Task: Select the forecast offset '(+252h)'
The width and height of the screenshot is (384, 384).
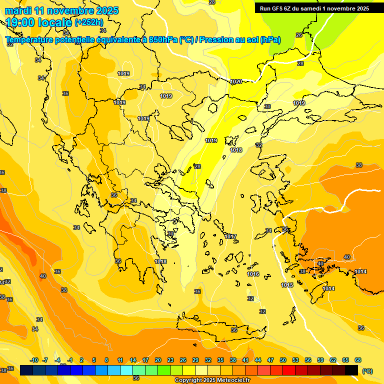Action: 89,22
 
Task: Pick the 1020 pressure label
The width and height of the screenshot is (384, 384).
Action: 236,81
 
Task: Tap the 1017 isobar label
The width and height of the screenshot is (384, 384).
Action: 230,236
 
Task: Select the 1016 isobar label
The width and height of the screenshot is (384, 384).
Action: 253,274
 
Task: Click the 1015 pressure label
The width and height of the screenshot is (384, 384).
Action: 287,285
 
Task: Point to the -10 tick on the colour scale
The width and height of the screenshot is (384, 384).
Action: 34,360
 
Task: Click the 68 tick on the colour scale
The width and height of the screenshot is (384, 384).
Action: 358,360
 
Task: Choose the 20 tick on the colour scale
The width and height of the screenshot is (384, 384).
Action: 158,360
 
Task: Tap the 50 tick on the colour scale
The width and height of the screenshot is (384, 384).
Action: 283,360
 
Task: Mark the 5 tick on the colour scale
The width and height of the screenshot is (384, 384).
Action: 94,360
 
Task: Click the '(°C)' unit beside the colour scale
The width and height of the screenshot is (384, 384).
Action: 367,370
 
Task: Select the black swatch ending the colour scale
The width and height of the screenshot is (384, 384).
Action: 351,370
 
